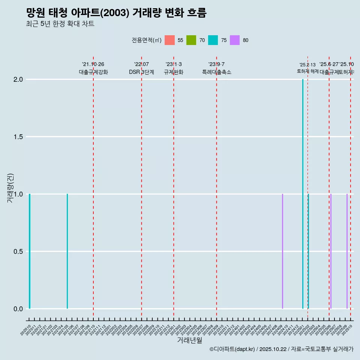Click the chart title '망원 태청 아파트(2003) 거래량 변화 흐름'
[116, 13]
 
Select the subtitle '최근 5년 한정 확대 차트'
[60, 24]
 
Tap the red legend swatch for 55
[170, 40]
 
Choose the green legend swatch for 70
[191, 40]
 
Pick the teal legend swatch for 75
[213, 40]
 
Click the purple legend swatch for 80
[235, 40]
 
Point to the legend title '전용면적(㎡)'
[147, 40]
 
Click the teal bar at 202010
[30, 251]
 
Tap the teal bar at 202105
[67, 251]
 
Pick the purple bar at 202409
[282, 251]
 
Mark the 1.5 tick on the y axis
[17, 137]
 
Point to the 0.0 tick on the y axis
[17, 309]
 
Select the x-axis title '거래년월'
[189, 340]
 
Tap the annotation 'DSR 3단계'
[141, 72]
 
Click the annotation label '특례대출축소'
[216, 72]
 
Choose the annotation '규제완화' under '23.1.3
[174, 72]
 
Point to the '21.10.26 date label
[93, 64]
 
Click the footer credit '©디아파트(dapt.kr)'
[232, 349]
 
